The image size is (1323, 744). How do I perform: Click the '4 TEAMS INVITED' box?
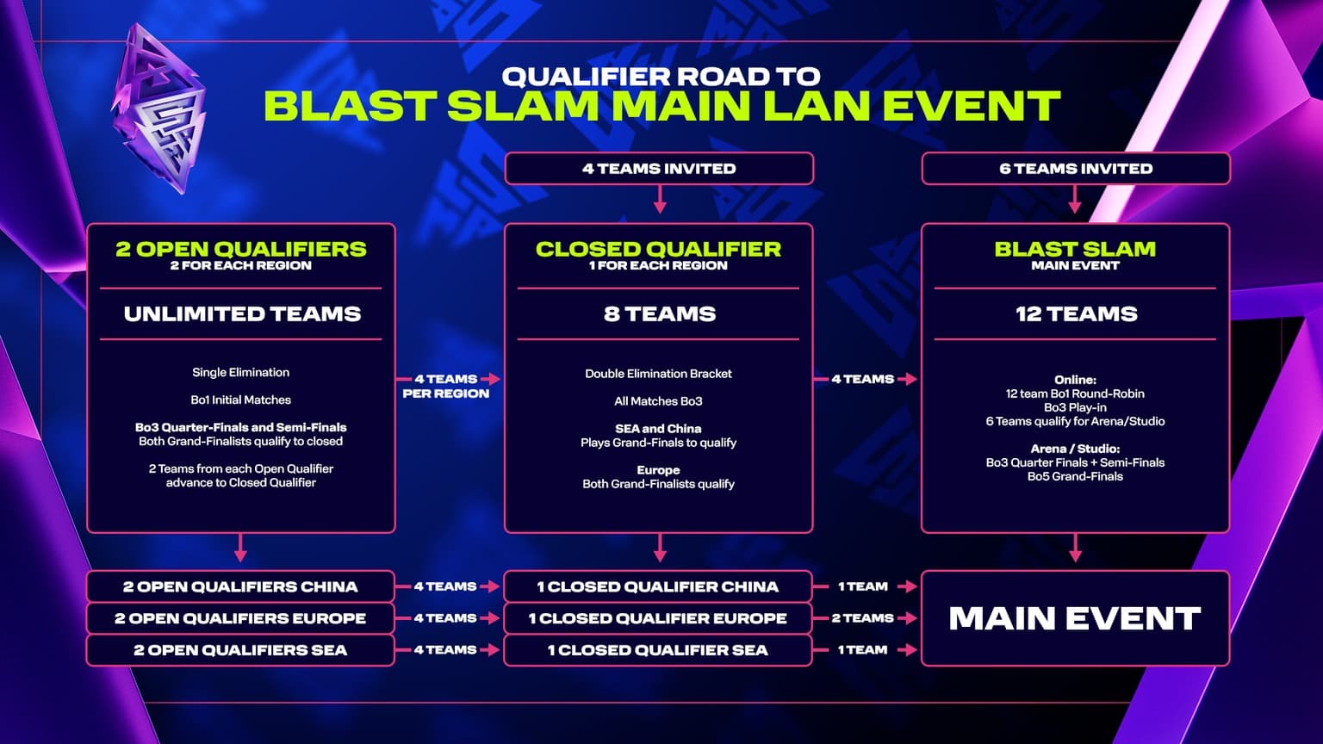[659, 169]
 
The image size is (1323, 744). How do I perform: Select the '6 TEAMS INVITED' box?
[1075, 169]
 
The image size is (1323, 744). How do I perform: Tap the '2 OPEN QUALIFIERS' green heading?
[241, 249]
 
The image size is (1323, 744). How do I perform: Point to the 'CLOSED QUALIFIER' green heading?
[658, 249]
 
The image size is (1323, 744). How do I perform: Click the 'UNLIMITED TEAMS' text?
[242, 314]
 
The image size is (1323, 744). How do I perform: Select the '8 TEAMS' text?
[659, 314]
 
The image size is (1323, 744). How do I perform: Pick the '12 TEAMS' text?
[1076, 314]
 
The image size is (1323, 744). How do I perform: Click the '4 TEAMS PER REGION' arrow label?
[445, 386]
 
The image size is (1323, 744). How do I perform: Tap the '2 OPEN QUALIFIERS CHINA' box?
[240, 586]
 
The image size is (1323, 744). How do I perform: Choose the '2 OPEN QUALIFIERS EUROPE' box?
[240, 618]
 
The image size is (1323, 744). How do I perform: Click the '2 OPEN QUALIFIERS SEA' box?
[240, 650]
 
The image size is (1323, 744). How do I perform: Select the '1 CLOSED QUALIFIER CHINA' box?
[657, 586]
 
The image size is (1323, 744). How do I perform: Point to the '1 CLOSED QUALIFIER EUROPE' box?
[657, 618]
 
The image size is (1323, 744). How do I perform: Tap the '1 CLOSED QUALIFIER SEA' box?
[657, 650]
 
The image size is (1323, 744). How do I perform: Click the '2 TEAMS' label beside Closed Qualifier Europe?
[862, 618]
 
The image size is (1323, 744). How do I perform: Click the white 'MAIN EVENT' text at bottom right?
[1074, 618]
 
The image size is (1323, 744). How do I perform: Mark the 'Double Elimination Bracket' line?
[658, 374]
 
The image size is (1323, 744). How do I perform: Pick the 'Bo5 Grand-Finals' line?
[1075, 476]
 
